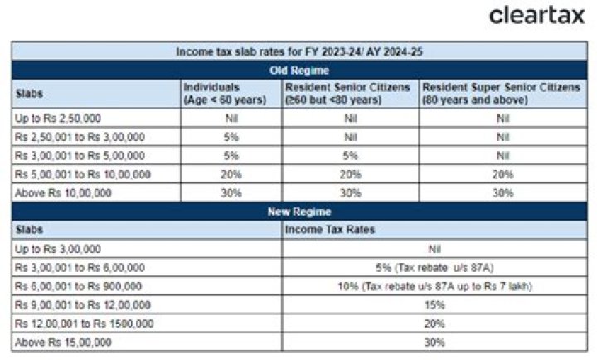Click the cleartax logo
[x=536, y=15]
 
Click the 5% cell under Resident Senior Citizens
[x=351, y=156]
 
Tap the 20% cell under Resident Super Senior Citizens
[x=501, y=174]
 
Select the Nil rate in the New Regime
[x=434, y=249]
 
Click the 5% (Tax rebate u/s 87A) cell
[x=434, y=267]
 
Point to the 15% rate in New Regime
[x=434, y=304]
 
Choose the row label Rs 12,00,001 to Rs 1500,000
[x=84, y=324]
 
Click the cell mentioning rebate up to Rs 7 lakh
[x=434, y=286]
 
